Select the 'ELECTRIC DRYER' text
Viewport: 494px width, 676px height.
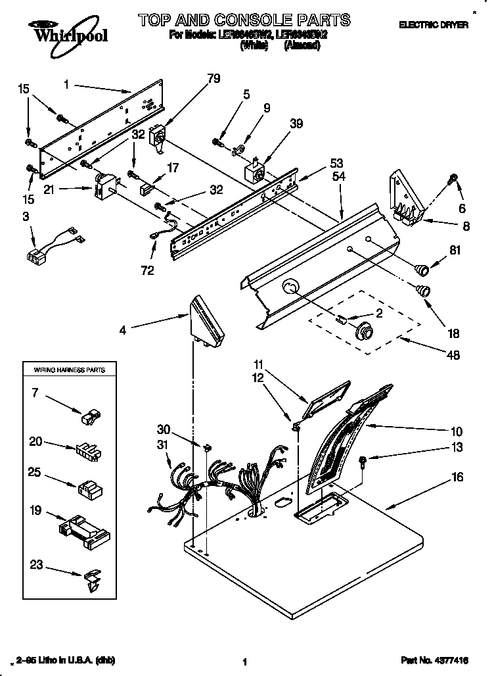pos(434,25)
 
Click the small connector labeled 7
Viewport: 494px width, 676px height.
pos(90,416)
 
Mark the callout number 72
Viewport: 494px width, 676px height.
pos(148,270)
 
